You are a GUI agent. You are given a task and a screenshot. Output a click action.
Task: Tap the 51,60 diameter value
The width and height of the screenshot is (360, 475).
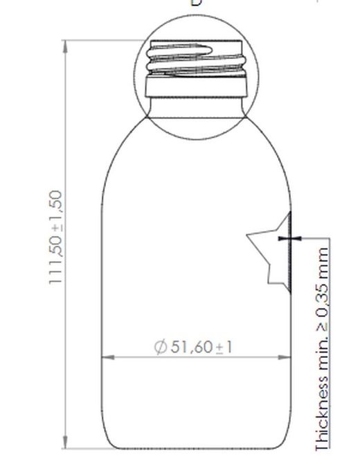click(191, 346)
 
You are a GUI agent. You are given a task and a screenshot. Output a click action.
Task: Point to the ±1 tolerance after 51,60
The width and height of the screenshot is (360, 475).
click(224, 346)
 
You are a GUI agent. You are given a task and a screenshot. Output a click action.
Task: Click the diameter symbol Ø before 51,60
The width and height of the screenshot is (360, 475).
click(161, 346)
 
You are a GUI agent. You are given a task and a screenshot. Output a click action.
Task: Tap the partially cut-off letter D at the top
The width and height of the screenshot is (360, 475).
click(196, 2)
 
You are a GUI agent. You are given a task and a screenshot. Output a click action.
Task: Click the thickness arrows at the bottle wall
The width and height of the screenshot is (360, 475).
click(290, 238)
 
